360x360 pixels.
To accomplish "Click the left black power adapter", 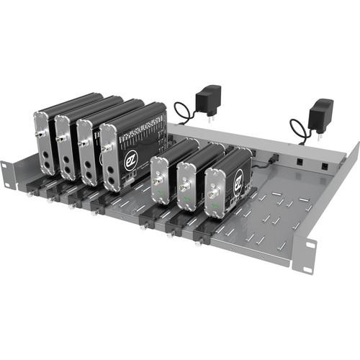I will (209, 96).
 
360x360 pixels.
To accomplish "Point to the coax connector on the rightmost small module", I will (212, 194).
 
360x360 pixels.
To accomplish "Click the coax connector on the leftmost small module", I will (157, 181).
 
